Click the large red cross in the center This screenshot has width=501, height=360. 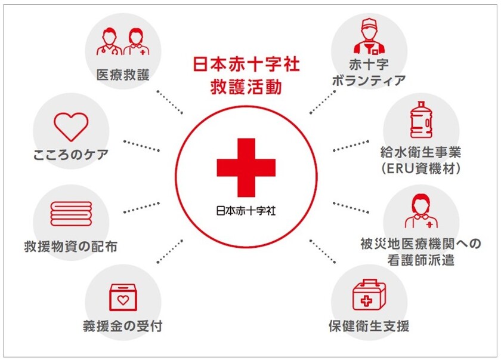[x=246, y=167]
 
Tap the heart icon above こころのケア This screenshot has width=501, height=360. [x=71, y=124]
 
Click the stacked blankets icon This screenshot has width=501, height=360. [x=71, y=213]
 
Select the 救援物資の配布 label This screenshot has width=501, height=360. [x=71, y=247]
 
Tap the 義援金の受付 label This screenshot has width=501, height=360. [x=123, y=327]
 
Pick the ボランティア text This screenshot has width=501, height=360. [x=369, y=80]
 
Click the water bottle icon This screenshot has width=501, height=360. [x=421, y=120]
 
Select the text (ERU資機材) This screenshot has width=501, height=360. [x=421, y=169]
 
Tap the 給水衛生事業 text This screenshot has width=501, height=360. [x=421, y=153]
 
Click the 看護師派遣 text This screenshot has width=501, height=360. [x=421, y=260]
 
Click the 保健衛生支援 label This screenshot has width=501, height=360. [x=369, y=327]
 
